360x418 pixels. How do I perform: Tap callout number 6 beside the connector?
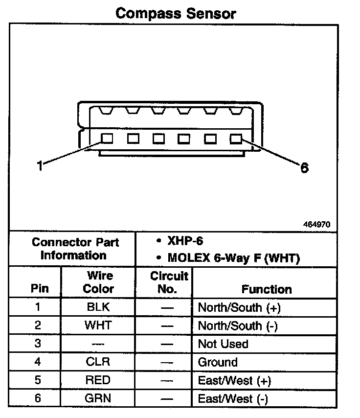pos(304,168)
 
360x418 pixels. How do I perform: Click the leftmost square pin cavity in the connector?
pos(107,139)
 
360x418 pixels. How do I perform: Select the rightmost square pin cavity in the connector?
pos(236,139)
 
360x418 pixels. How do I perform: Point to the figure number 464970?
pos(317,225)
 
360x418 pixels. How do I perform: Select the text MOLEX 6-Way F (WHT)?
pos(233,257)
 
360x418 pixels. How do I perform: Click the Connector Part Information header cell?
pos(73,249)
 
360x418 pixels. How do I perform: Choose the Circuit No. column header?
pos(168,282)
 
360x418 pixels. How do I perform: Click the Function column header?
pos(267,289)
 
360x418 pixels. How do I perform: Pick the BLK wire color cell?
pos(98,307)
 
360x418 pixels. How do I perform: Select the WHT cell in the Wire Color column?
pos(98,325)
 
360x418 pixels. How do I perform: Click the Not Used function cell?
pos(223,344)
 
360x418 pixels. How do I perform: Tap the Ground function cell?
pos(218,362)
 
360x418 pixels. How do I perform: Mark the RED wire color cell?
pos(98,380)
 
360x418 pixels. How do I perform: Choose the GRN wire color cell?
pos(98,398)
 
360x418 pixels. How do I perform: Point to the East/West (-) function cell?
pos(233,399)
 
